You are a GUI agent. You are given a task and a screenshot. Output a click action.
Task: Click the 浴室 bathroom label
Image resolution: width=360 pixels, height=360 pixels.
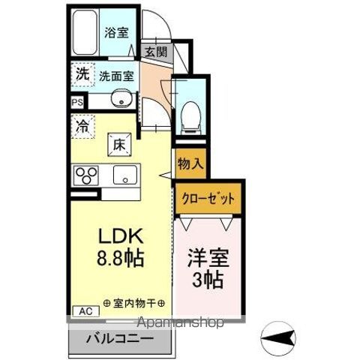[116, 33]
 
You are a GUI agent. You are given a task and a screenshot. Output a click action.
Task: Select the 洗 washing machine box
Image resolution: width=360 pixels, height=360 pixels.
[80, 74]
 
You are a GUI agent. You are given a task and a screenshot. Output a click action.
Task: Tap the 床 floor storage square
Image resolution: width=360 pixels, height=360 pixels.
[119, 142]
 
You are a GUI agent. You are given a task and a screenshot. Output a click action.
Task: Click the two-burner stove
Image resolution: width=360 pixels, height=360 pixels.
[86, 175]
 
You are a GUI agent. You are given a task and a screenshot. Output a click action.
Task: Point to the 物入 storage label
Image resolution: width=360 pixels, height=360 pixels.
[189, 163]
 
